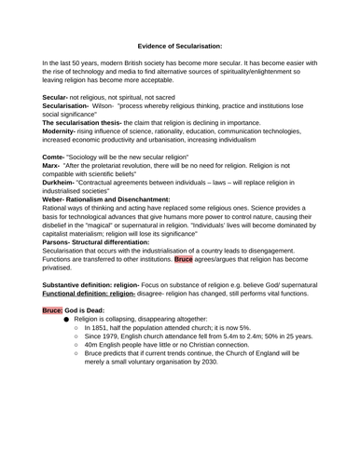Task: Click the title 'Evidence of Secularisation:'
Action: tap(180, 44)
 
